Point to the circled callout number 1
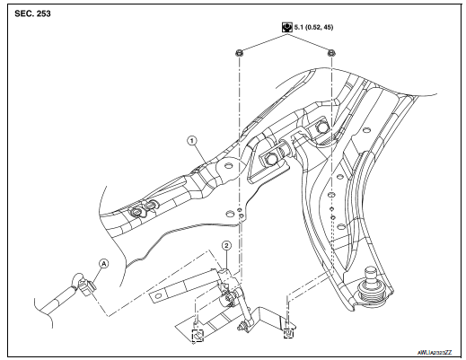190,140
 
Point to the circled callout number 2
227,246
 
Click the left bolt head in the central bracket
269,160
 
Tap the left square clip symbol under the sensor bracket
199,335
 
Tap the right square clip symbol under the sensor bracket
287,335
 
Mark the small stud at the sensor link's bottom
245,331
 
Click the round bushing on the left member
141,211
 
